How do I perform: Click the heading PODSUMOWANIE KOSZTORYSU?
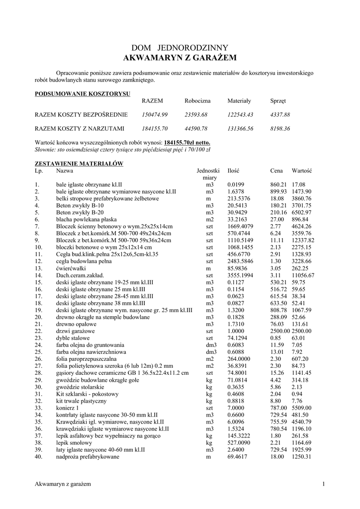pyautogui.click(x=82, y=93)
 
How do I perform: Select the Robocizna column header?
pyautogui.click(x=197, y=101)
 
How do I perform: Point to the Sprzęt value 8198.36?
pyautogui.click(x=280, y=128)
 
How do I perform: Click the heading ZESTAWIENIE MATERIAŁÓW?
pyautogui.click(x=79, y=163)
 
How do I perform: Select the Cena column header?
pyautogui.click(x=276, y=170)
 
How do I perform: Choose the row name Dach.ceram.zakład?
pyautogui.click(x=80, y=274)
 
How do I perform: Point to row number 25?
pyautogui.click(x=38, y=351)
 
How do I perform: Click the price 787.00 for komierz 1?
pyautogui.click(x=279, y=408)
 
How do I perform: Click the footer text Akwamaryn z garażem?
pyautogui.click(x=63, y=484)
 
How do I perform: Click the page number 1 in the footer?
pyautogui.click(x=323, y=484)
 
